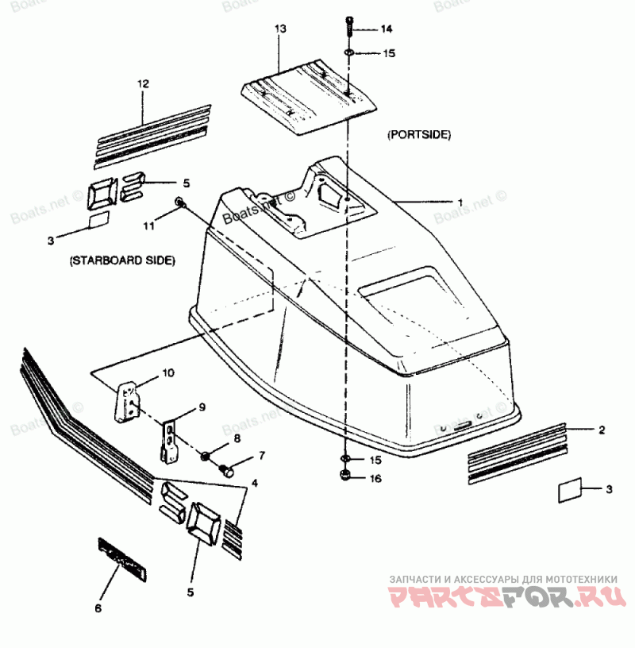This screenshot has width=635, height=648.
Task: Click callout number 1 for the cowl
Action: tap(458, 202)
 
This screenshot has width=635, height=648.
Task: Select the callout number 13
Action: tap(279, 29)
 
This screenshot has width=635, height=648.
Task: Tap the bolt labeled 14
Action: tap(350, 26)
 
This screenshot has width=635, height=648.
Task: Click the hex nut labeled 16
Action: tap(346, 476)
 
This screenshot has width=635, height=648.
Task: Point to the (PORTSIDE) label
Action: tap(418, 136)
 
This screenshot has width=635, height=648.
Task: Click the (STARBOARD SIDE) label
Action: tap(122, 260)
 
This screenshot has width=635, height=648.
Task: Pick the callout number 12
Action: tap(143, 83)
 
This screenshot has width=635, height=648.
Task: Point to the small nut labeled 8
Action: tap(206, 455)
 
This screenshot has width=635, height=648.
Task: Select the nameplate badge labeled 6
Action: tap(121, 559)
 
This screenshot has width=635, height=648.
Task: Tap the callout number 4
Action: tap(254, 482)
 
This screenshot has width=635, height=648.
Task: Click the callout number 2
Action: tap(601, 430)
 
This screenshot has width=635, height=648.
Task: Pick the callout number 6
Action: tap(98, 609)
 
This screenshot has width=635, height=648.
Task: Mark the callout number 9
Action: tap(202, 407)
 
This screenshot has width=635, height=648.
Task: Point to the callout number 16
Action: tap(375, 478)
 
